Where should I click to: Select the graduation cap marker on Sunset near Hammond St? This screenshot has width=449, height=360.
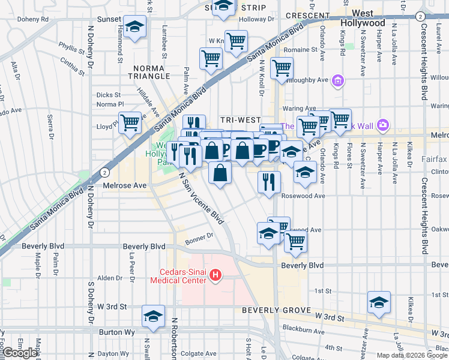[134, 27]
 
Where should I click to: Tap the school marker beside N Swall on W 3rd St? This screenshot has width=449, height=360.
[153, 316]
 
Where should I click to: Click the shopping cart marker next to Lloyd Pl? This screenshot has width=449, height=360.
[130, 124]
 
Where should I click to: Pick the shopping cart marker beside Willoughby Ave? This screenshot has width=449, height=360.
[282, 68]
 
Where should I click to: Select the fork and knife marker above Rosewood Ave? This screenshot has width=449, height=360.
[269, 181]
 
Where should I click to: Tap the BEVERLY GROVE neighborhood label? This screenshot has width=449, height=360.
[277, 310]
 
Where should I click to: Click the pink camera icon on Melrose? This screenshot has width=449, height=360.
[383, 125]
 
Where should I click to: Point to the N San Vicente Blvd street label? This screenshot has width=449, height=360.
[201, 197]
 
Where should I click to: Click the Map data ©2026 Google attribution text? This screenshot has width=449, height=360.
[411, 355]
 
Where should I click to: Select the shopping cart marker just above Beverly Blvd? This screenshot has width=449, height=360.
[295, 241]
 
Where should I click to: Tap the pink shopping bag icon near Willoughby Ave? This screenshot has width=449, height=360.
[338, 80]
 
